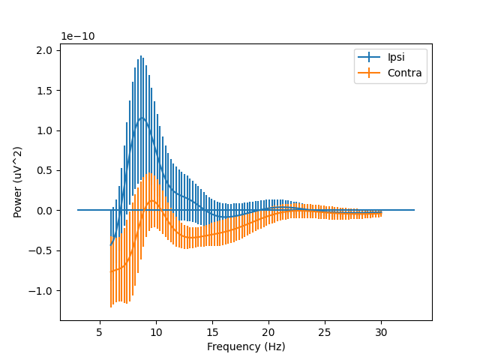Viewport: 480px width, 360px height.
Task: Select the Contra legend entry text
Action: tap(404, 73)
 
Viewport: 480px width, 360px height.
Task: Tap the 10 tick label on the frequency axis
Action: tap(156, 331)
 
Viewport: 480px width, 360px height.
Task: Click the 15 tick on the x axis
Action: tap(212, 331)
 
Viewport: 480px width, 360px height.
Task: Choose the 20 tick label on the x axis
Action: tap(268, 331)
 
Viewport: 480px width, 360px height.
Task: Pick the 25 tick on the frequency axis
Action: tap(325, 331)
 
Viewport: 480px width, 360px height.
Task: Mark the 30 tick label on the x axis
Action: tap(381, 331)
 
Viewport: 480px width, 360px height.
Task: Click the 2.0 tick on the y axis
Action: tap(44, 50)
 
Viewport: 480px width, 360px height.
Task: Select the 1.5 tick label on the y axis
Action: tap(44, 91)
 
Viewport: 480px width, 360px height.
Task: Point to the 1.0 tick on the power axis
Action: tap(44, 130)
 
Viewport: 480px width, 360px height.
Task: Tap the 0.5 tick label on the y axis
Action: tap(44, 170)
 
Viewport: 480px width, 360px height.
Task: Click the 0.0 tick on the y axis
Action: tap(44, 211)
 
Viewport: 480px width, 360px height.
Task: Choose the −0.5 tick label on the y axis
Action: tap(41, 250)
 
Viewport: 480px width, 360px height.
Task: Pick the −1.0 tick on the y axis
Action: tap(41, 291)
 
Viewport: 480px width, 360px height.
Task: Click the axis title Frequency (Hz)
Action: tap(246, 346)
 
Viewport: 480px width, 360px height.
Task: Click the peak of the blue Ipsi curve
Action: tap(141, 117)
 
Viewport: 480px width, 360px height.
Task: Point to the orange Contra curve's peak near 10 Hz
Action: tap(152, 201)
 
